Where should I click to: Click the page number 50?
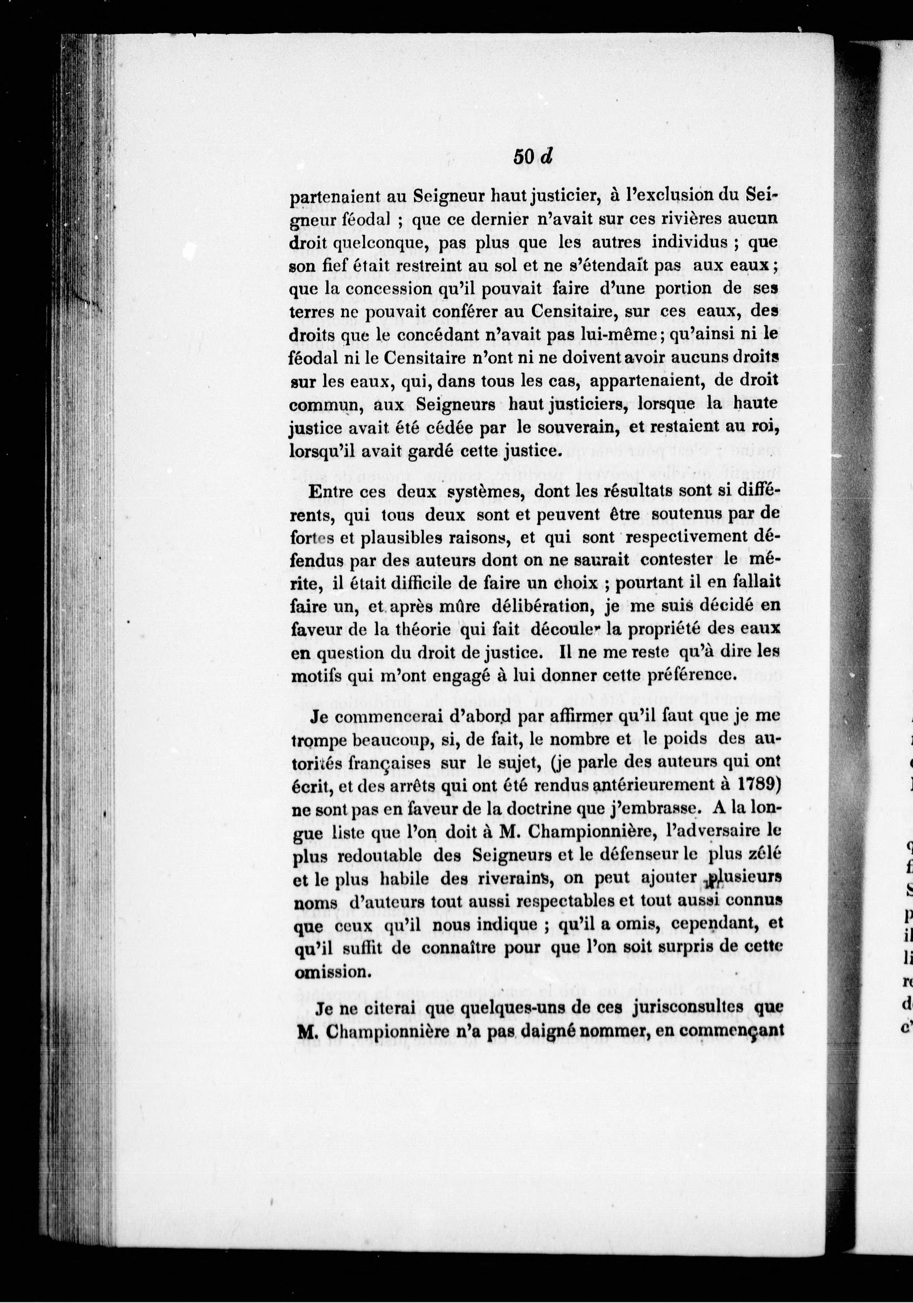pyautogui.click(x=523, y=157)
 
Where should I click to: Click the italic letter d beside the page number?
pyautogui.click(x=547, y=157)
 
